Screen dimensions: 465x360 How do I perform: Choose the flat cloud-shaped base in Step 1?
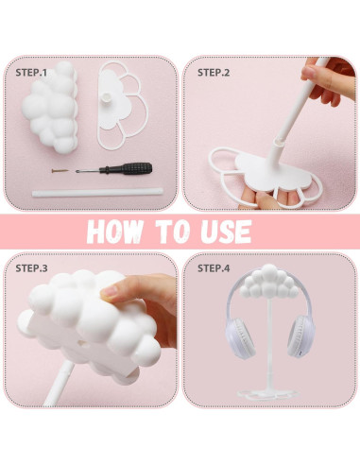(x=127, y=109)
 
